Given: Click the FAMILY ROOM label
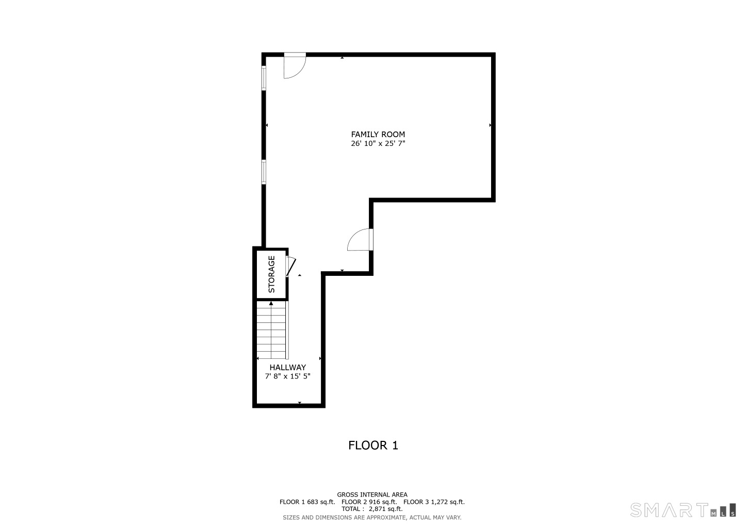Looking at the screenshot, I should point(378,135).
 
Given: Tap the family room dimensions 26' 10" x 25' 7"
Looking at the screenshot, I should point(378,144).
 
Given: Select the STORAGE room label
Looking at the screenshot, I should point(272,274).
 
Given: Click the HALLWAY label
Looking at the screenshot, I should point(287,368).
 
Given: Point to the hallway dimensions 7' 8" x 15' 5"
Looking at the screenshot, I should point(287,376).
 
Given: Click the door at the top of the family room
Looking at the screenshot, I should point(295,65).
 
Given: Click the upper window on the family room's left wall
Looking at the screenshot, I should point(264,78).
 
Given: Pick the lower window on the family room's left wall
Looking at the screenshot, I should point(264,172).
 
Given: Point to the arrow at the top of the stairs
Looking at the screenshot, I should point(271,303).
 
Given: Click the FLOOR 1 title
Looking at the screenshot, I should point(373,445).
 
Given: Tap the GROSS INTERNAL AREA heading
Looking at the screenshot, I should point(372,494).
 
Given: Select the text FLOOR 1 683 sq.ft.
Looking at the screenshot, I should point(307,502).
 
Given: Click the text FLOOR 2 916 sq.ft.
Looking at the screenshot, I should point(369,502).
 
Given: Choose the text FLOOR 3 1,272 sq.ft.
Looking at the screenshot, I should point(434,502).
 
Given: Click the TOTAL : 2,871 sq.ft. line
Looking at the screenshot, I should point(372,509).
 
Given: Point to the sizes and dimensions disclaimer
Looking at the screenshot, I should point(372,517).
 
